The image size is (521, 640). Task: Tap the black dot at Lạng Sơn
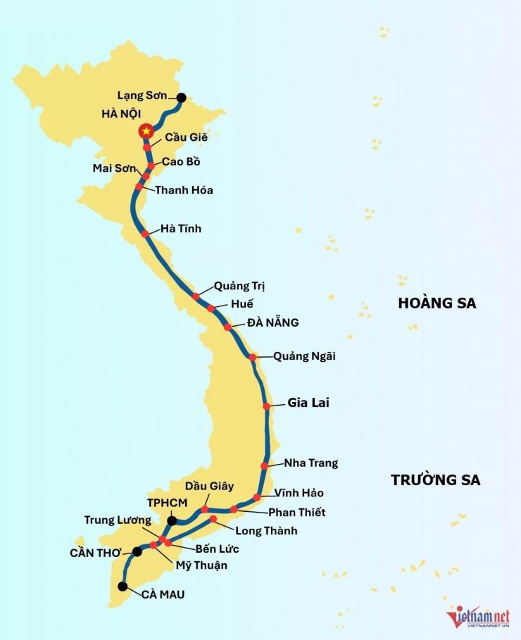coord(182,99)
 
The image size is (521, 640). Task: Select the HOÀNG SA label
coord(437,303)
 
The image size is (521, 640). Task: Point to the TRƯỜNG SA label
coord(436,480)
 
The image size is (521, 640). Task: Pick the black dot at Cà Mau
coord(123,586)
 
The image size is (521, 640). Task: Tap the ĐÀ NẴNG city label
coord(272,322)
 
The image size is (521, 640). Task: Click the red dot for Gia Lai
coord(267,406)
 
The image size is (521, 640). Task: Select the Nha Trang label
coord(310,463)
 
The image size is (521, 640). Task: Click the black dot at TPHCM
coord(171,521)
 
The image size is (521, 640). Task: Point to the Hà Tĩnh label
coord(181,228)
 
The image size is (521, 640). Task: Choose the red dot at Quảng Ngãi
coord(253,357)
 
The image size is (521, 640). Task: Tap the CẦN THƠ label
coord(96,553)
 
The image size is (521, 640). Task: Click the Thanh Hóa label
coord(184,190)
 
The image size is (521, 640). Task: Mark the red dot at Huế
coord(211,308)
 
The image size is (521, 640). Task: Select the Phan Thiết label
coord(296,512)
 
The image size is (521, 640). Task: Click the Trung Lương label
coord(118,520)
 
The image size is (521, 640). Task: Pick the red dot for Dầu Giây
coord(205,509)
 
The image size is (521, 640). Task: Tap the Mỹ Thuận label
coord(202,565)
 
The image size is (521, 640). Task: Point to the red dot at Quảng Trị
coord(196,296)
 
